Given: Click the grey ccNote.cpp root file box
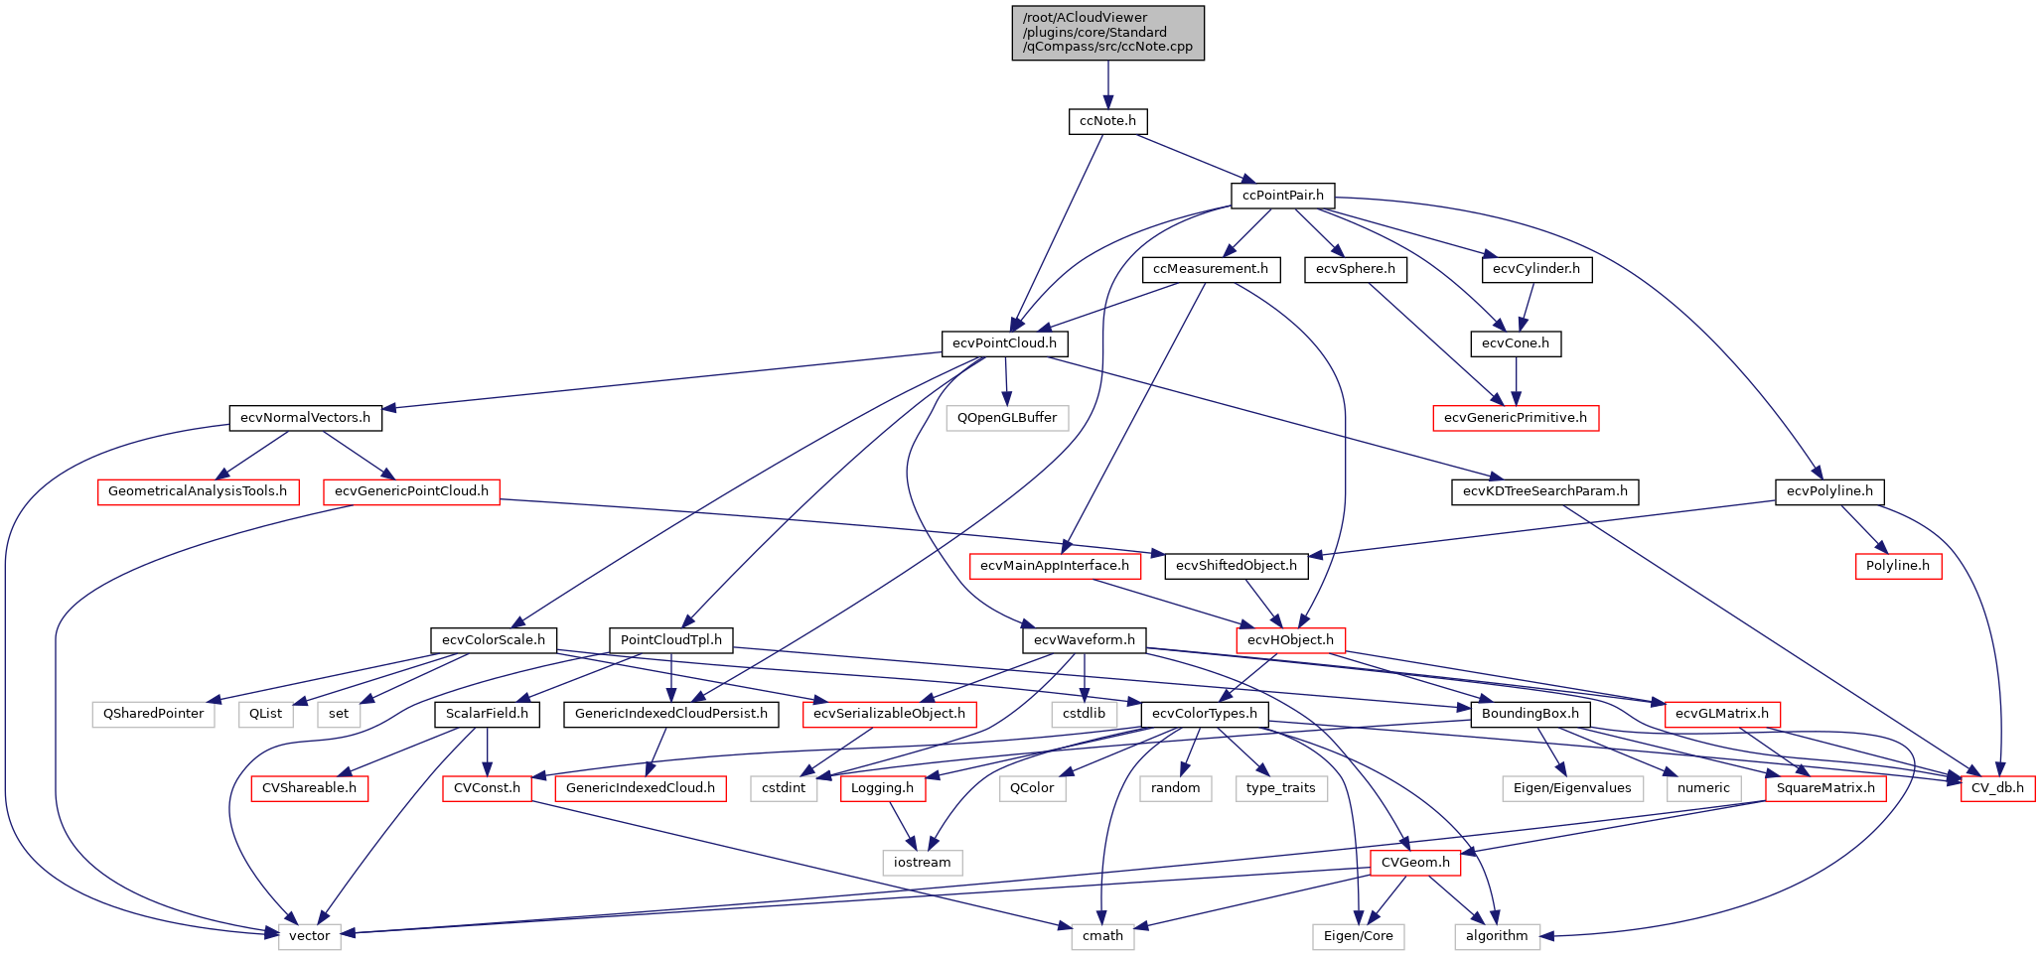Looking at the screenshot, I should pyautogui.click(x=1107, y=33).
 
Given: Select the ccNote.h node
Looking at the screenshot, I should pyautogui.click(x=1107, y=121).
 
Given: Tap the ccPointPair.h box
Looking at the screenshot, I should pyautogui.click(x=1282, y=196).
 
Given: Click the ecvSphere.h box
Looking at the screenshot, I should pyautogui.click(x=1355, y=269).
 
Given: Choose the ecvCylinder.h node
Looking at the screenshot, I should pyautogui.click(x=1536, y=269).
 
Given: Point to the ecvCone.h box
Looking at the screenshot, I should pyautogui.click(x=1515, y=343).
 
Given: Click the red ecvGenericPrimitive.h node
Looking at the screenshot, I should pyautogui.click(x=1515, y=418).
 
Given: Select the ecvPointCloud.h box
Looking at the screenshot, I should pyautogui.click(x=1004, y=343).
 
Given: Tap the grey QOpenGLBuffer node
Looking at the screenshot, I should pyautogui.click(x=1007, y=418).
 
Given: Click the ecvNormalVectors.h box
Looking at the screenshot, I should pyautogui.click(x=305, y=418).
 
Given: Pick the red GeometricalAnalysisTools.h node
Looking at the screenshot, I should pyautogui.click(x=198, y=491).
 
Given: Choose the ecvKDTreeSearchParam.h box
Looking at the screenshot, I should pyautogui.click(x=1544, y=491).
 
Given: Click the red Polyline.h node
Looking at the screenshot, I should pyautogui.click(x=1897, y=566).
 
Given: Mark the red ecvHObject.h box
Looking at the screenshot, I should pyautogui.click(x=1290, y=640).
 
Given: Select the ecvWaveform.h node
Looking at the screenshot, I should pyautogui.click(x=1084, y=640).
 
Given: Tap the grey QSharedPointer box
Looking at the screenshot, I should pyautogui.click(x=153, y=714).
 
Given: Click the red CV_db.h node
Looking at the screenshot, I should pyautogui.click(x=1997, y=788).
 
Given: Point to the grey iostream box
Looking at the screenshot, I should pyautogui.click(x=922, y=863).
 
